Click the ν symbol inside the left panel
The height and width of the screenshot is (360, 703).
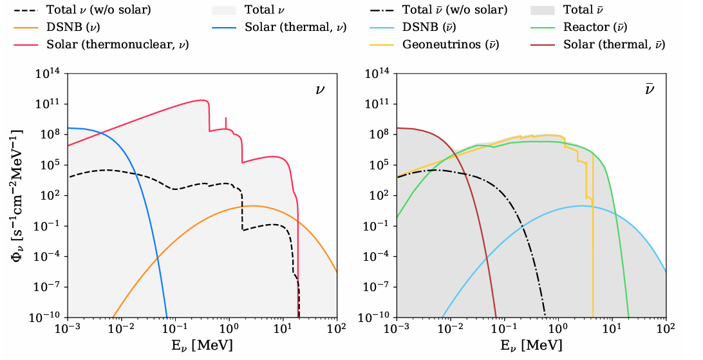point(320,89)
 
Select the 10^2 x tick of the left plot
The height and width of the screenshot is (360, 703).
point(336,329)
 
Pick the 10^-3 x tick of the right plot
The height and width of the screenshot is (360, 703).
point(397,329)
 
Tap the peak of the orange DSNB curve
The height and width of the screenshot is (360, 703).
point(252,206)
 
